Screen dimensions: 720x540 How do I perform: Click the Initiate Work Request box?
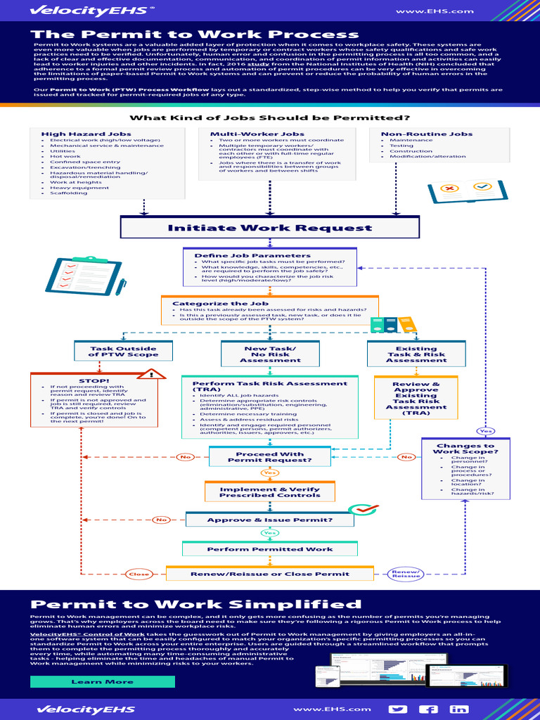click(270, 228)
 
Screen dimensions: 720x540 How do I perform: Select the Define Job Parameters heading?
click(252, 255)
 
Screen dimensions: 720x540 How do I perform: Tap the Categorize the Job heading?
click(211, 304)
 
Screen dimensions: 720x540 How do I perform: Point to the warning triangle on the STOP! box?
click(150, 373)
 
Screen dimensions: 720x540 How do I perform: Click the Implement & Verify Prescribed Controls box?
click(269, 492)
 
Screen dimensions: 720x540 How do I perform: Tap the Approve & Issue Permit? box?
click(269, 520)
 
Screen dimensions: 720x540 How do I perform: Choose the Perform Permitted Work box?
click(269, 549)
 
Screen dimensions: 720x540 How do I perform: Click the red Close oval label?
click(139, 574)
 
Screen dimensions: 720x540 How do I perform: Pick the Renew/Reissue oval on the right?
click(407, 574)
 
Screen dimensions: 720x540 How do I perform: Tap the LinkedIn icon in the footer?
click(460, 709)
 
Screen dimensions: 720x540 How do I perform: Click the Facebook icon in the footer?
click(429, 709)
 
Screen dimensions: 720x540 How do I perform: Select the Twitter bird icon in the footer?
click(398, 709)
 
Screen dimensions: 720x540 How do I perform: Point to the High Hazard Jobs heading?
click(76, 134)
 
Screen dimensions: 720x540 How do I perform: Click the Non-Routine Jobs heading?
click(416, 134)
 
